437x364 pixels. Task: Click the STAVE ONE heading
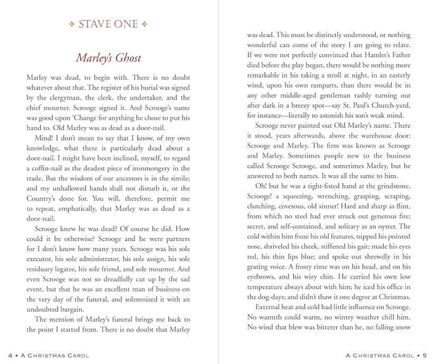[108, 24]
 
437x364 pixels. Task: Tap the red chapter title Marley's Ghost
[108, 58]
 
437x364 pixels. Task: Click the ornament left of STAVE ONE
[72, 24]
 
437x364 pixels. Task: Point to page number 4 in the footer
[11, 355]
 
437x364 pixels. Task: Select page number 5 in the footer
[432, 355]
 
